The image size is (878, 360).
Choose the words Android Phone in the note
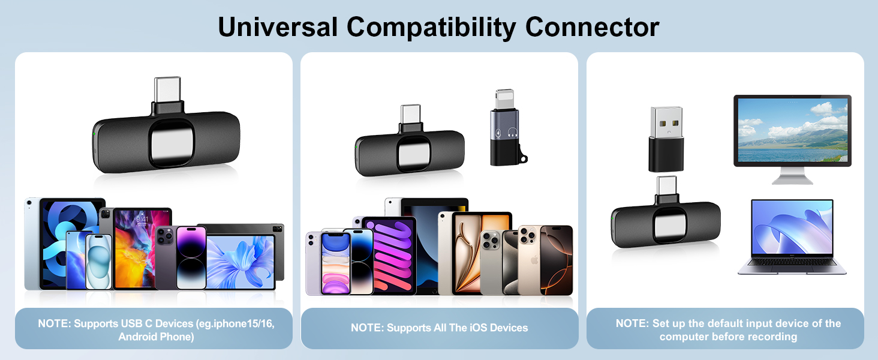[x=156, y=337]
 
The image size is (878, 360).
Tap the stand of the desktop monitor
[x=792, y=177]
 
